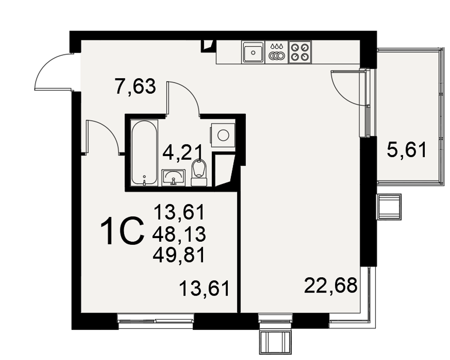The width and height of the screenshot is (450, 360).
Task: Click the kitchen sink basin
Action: point(253,52)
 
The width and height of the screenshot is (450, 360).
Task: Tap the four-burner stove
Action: point(300,52)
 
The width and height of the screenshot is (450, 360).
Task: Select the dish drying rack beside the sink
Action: point(277,52)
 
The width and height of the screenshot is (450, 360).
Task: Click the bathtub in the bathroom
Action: point(144,153)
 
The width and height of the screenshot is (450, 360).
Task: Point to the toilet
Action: point(199,172)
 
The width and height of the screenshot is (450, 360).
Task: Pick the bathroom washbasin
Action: point(174,177)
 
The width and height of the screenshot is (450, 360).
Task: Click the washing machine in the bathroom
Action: point(223,135)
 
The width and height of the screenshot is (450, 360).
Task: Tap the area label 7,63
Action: point(135,86)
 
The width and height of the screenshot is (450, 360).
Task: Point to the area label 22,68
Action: point(331,285)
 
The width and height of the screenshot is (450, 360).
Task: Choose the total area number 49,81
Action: point(180,255)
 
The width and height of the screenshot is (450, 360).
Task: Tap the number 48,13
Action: point(180,234)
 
